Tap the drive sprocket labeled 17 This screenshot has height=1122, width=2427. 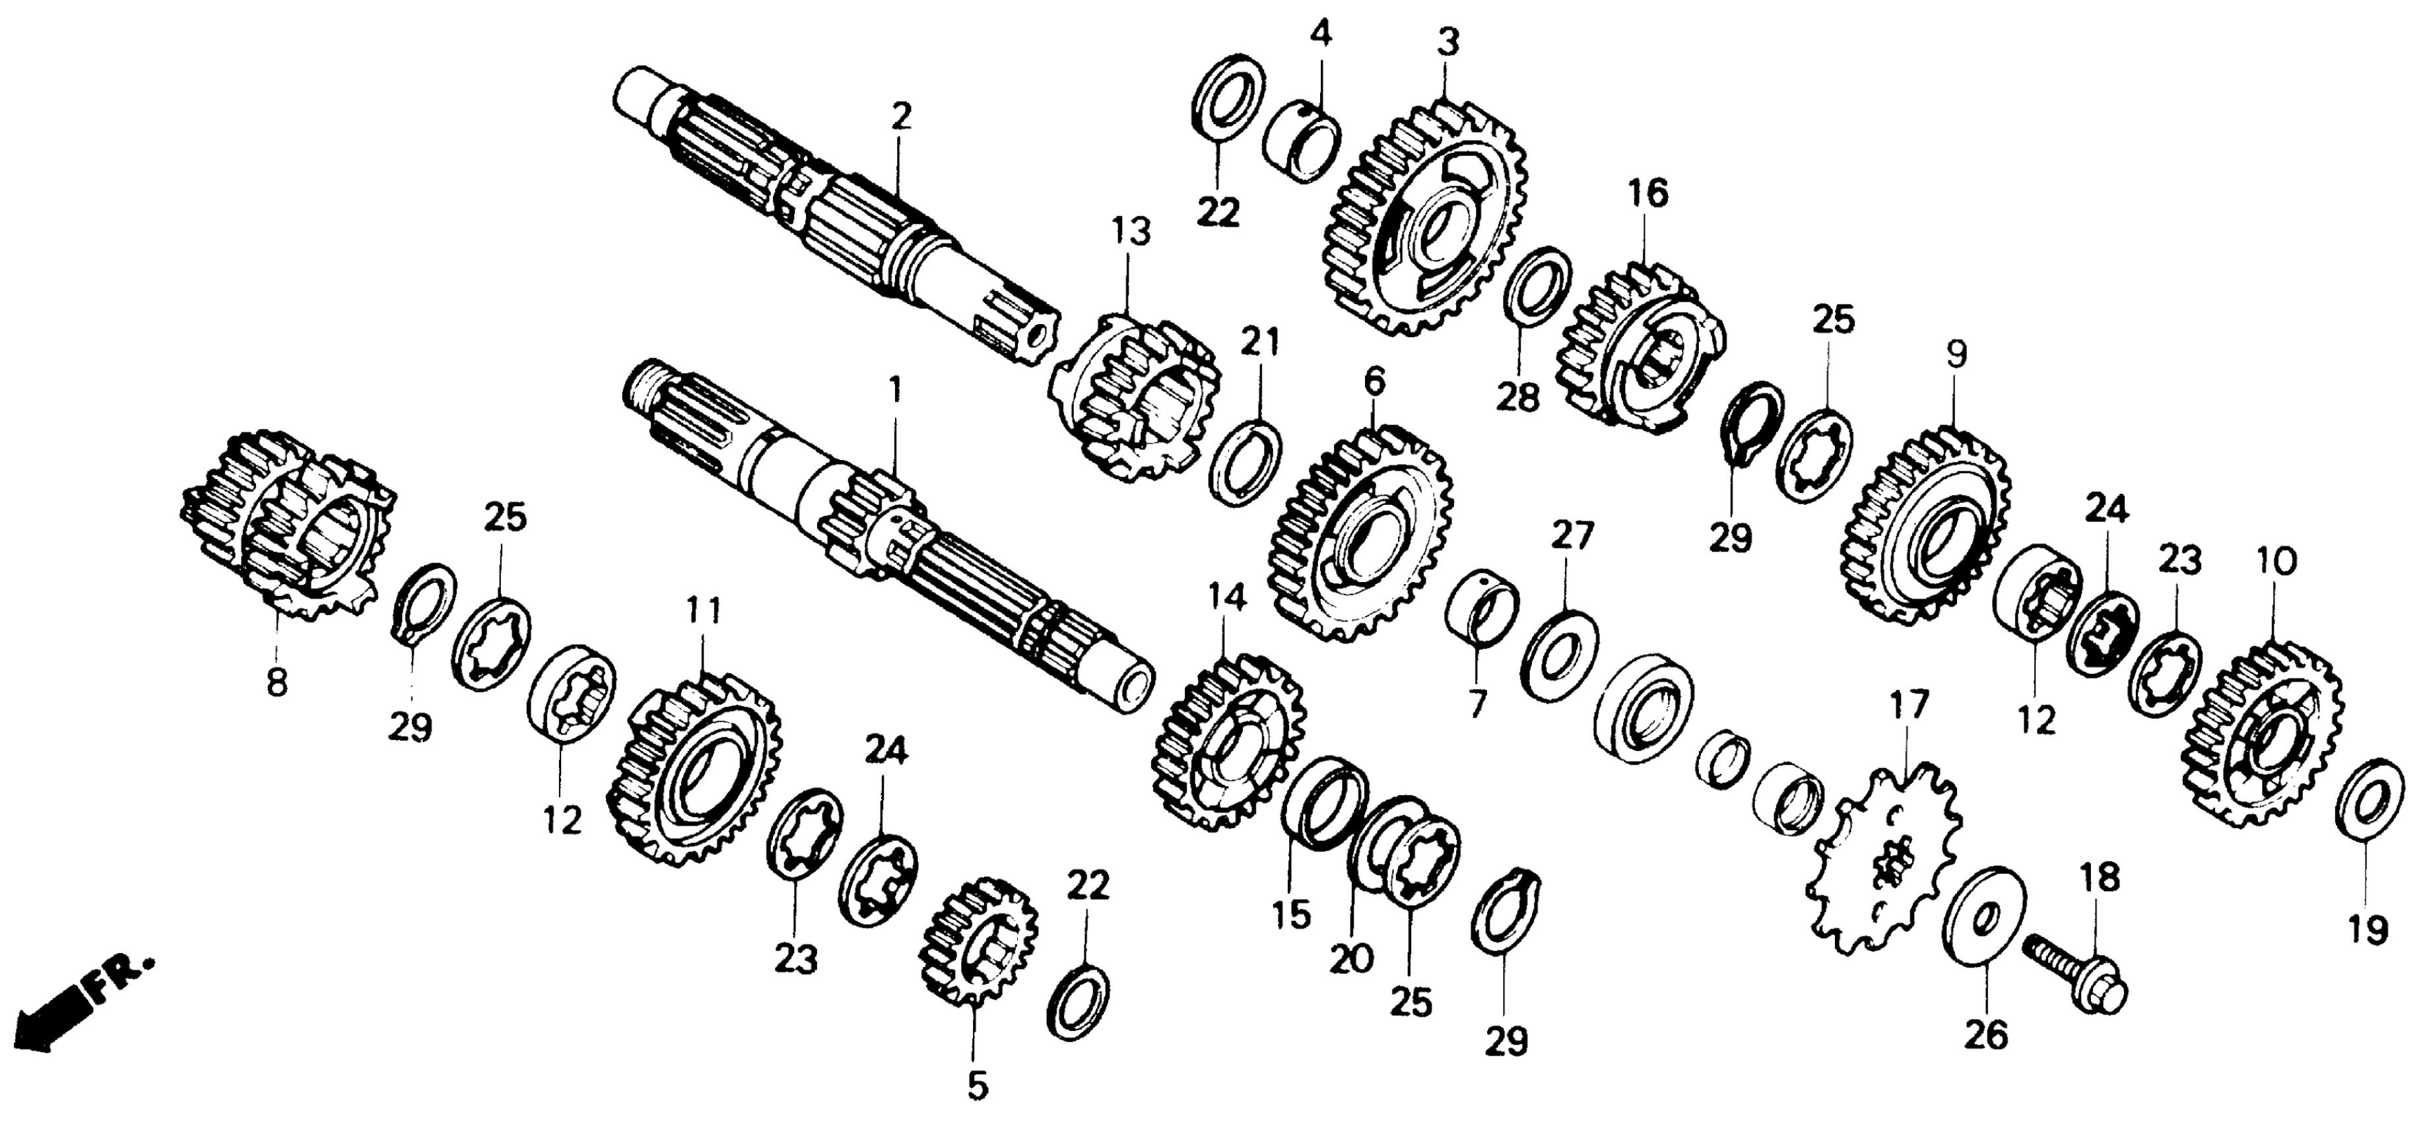(1885, 862)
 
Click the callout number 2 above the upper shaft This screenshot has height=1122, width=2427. (901, 117)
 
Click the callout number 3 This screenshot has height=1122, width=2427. (1448, 42)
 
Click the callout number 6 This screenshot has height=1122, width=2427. (1375, 381)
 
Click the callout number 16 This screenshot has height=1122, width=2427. (1647, 193)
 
